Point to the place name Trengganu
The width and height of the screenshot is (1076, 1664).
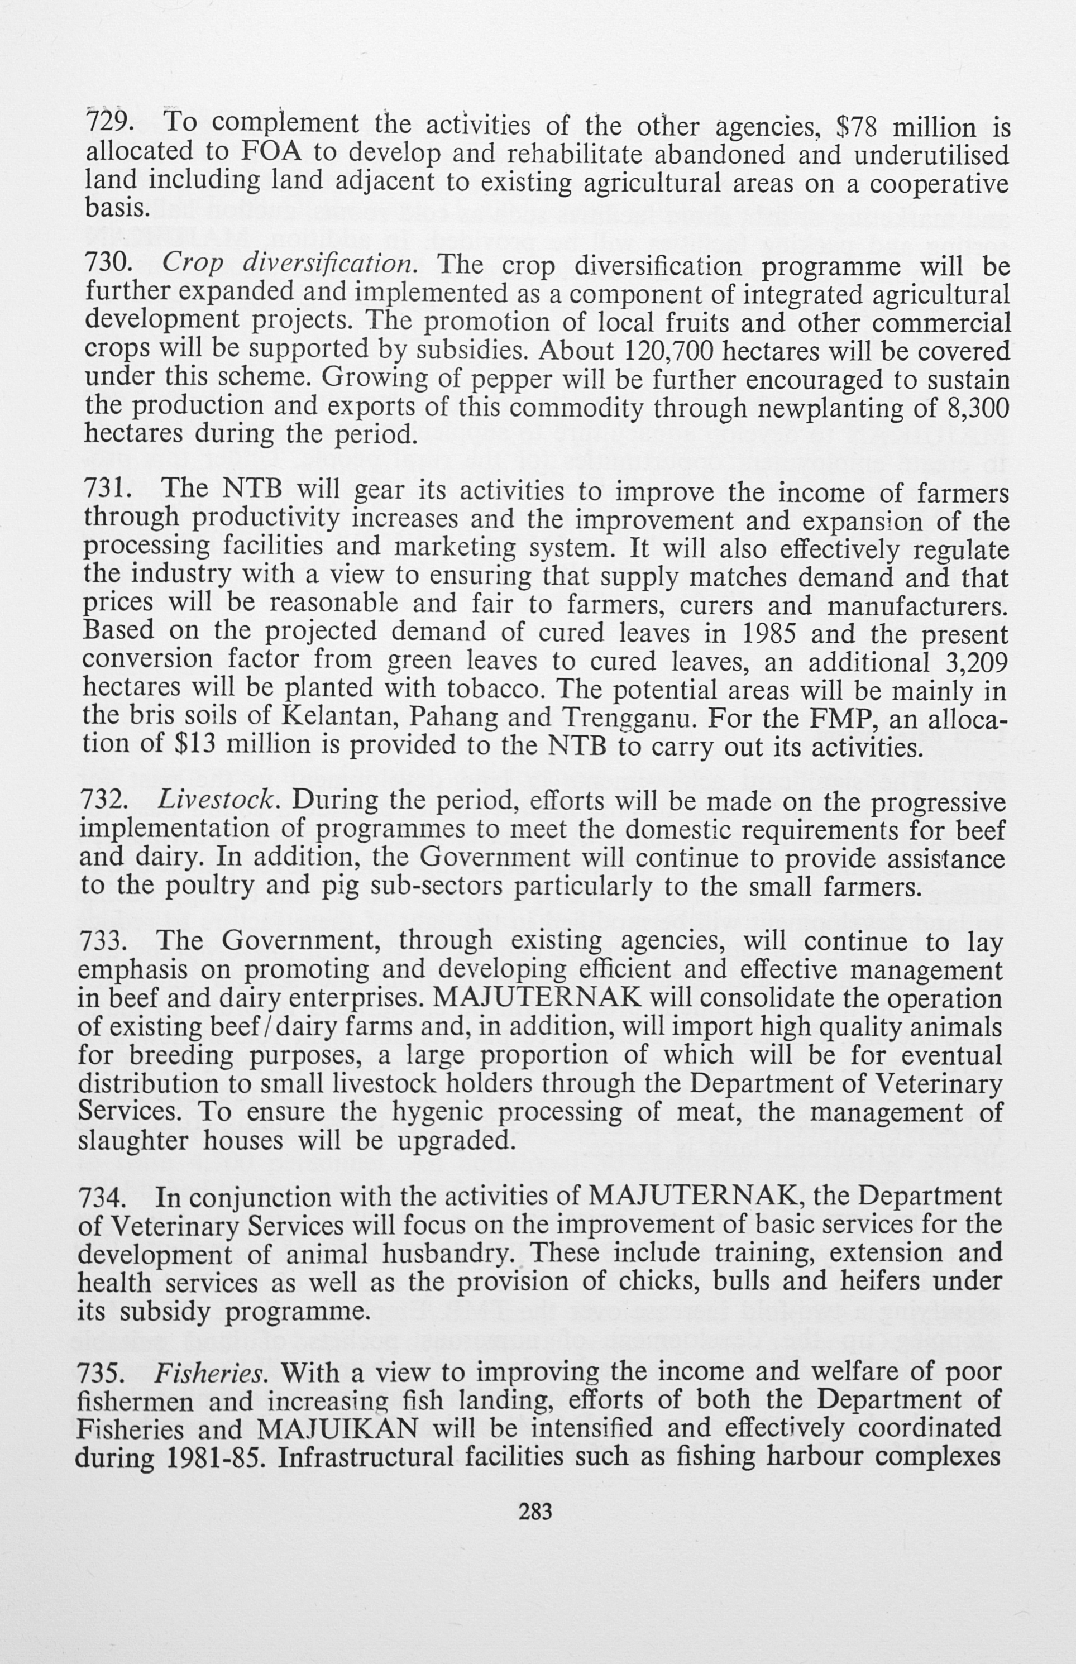(624, 718)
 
